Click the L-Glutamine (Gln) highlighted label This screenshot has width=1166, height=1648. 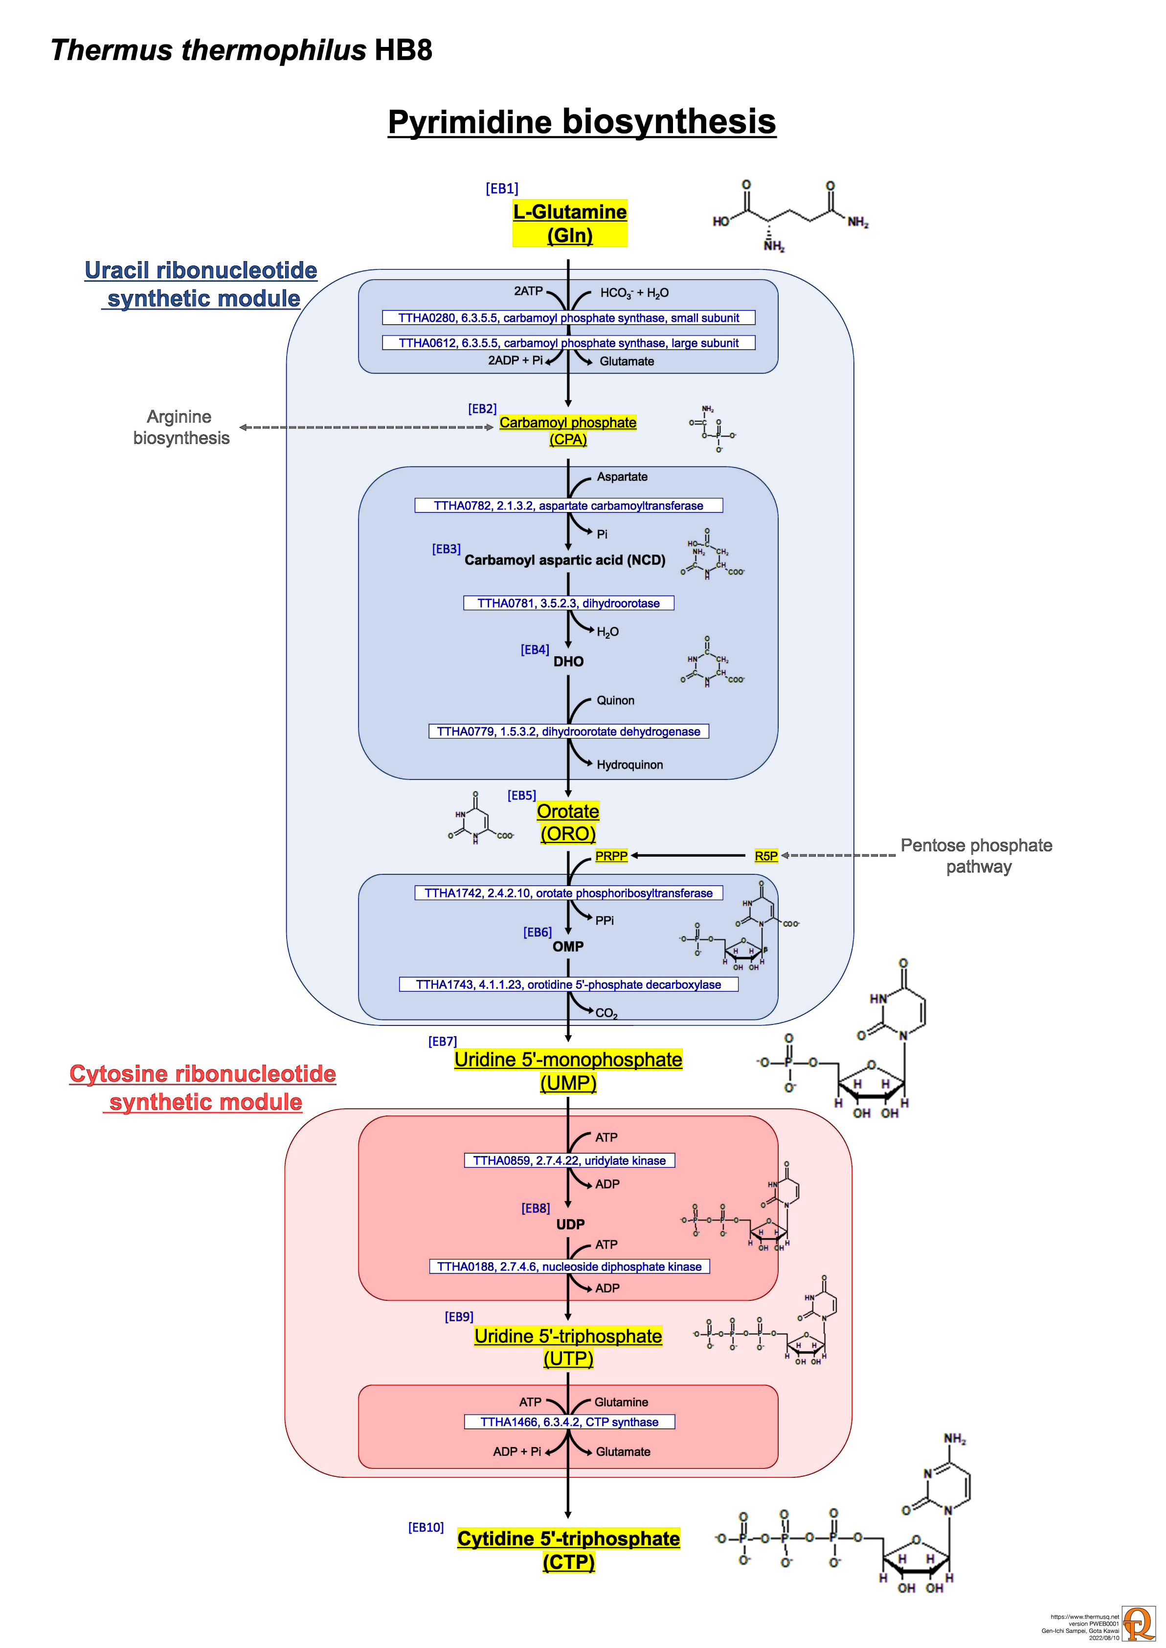pyautogui.click(x=569, y=223)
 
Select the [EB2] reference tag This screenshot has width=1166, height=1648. pyautogui.click(x=482, y=408)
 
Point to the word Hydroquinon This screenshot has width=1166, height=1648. pyautogui.click(x=629, y=764)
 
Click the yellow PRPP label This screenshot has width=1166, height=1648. pyautogui.click(x=611, y=856)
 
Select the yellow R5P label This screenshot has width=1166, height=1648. pyautogui.click(x=766, y=856)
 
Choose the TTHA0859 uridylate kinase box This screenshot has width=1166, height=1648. pyautogui.click(x=569, y=1160)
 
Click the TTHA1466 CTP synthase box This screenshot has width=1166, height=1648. pyautogui.click(x=569, y=1422)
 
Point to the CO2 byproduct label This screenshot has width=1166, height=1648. pyautogui.click(x=606, y=1013)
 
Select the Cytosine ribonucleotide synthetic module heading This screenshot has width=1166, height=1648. pyautogui.click(x=203, y=1088)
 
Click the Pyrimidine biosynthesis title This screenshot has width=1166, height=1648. pyautogui.click(x=582, y=121)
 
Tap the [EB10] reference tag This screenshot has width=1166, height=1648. pyautogui.click(x=426, y=1527)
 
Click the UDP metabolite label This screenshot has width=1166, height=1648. pyautogui.click(x=570, y=1225)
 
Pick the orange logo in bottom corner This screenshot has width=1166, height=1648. pyautogui.click(x=1139, y=1623)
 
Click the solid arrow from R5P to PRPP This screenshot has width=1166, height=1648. pyautogui.click(x=689, y=856)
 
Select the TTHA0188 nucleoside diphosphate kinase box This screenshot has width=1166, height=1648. pyautogui.click(x=569, y=1266)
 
